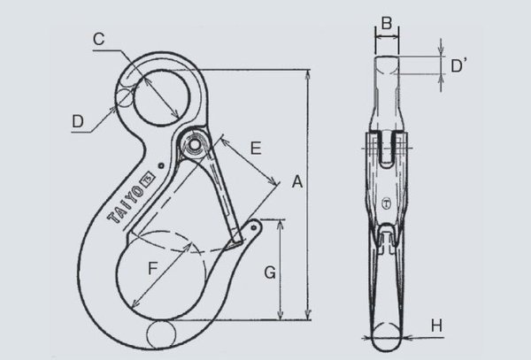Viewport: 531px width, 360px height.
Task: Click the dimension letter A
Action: tap(298, 182)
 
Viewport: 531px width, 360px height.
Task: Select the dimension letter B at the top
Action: tap(386, 21)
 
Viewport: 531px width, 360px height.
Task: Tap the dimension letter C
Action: tap(100, 39)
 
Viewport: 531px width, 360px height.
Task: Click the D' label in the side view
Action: tap(458, 65)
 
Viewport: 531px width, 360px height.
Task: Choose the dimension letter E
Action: tap(256, 149)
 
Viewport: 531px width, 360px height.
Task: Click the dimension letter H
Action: tap(436, 326)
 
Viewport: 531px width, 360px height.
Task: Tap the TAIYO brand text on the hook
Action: tap(127, 199)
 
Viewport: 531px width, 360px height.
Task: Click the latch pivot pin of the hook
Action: tap(196, 142)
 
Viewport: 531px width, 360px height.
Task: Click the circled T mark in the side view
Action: tap(387, 203)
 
